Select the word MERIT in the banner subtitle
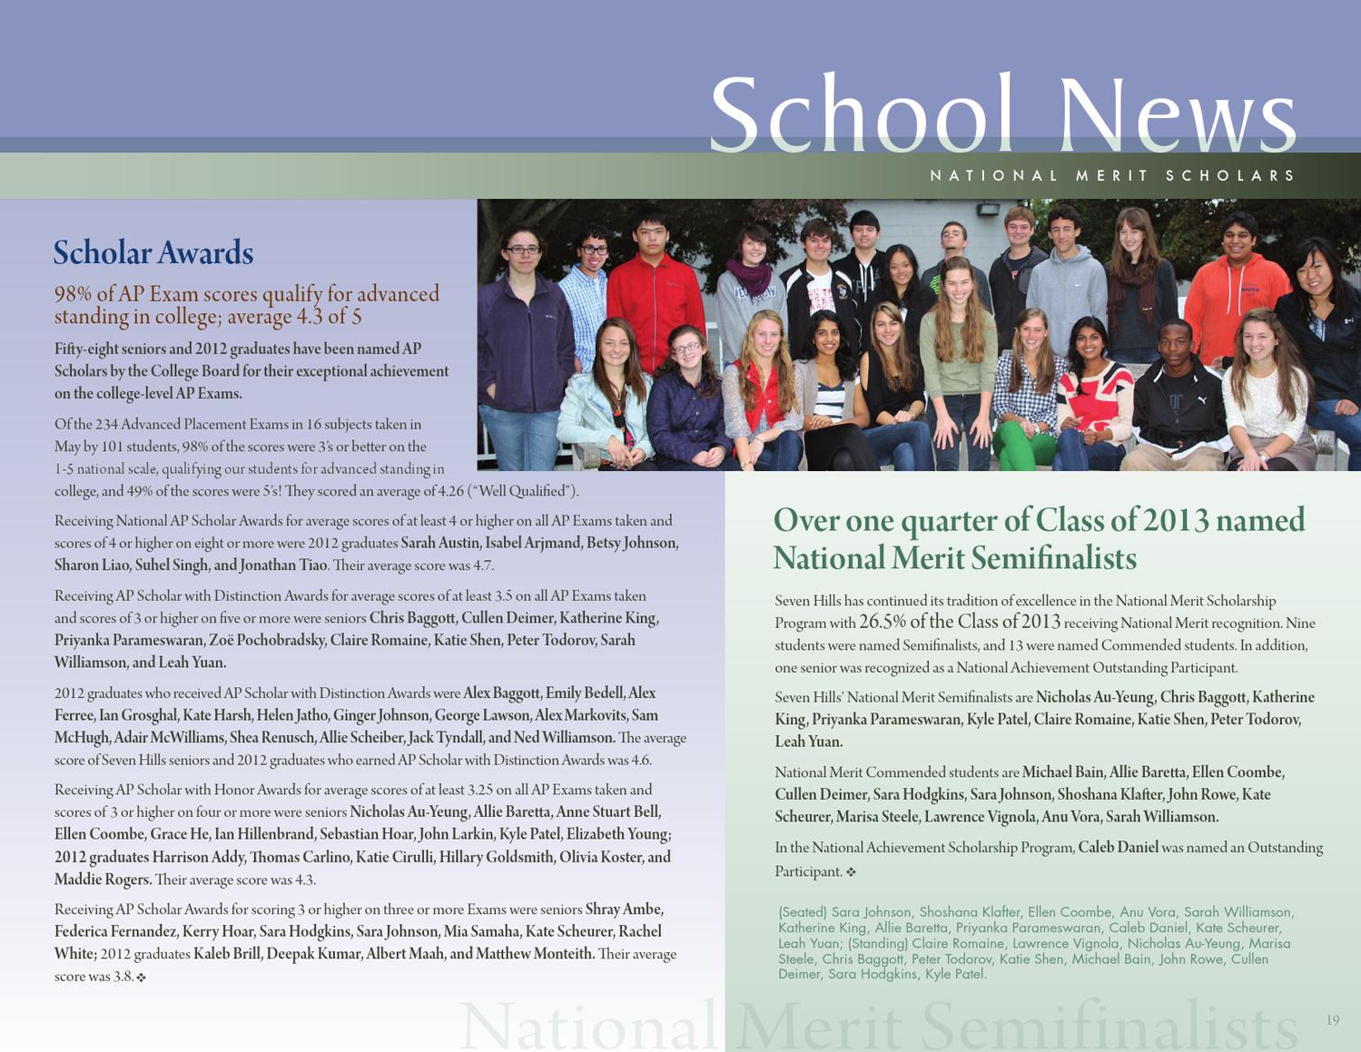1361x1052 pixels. tap(1112, 175)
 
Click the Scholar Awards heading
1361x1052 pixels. tap(153, 252)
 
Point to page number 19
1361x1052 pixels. tap(1332, 1020)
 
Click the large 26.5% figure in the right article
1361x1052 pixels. tap(881, 622)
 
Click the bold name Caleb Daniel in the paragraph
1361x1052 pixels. tap(1118, 847)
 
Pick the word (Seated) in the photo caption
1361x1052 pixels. tap(802, 912)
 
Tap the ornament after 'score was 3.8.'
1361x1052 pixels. tap(141, 978)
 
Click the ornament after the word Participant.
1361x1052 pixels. tap(851, 872)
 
